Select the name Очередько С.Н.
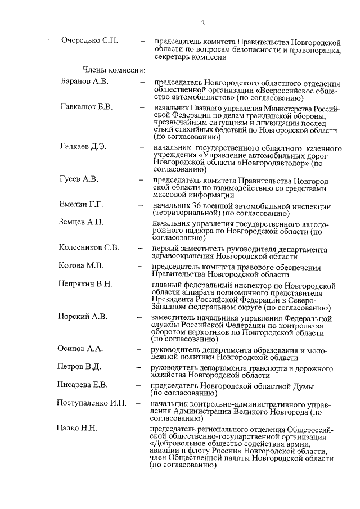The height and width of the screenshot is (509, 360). [89, 41]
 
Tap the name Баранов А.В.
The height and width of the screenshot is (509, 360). [84, 81]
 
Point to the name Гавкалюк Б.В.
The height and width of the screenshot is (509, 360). [87, 106]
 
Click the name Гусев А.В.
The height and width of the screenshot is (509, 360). [79, 179]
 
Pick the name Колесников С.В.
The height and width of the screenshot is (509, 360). [89, 247]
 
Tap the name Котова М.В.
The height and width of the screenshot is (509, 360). [82, 265]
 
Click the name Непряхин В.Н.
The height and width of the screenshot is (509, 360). [85, 283]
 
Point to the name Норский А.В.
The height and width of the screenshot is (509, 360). [83, 316]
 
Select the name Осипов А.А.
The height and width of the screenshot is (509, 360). [80, 349]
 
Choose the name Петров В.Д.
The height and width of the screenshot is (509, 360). [79, 367]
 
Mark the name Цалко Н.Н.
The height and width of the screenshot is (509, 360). [77, 429]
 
